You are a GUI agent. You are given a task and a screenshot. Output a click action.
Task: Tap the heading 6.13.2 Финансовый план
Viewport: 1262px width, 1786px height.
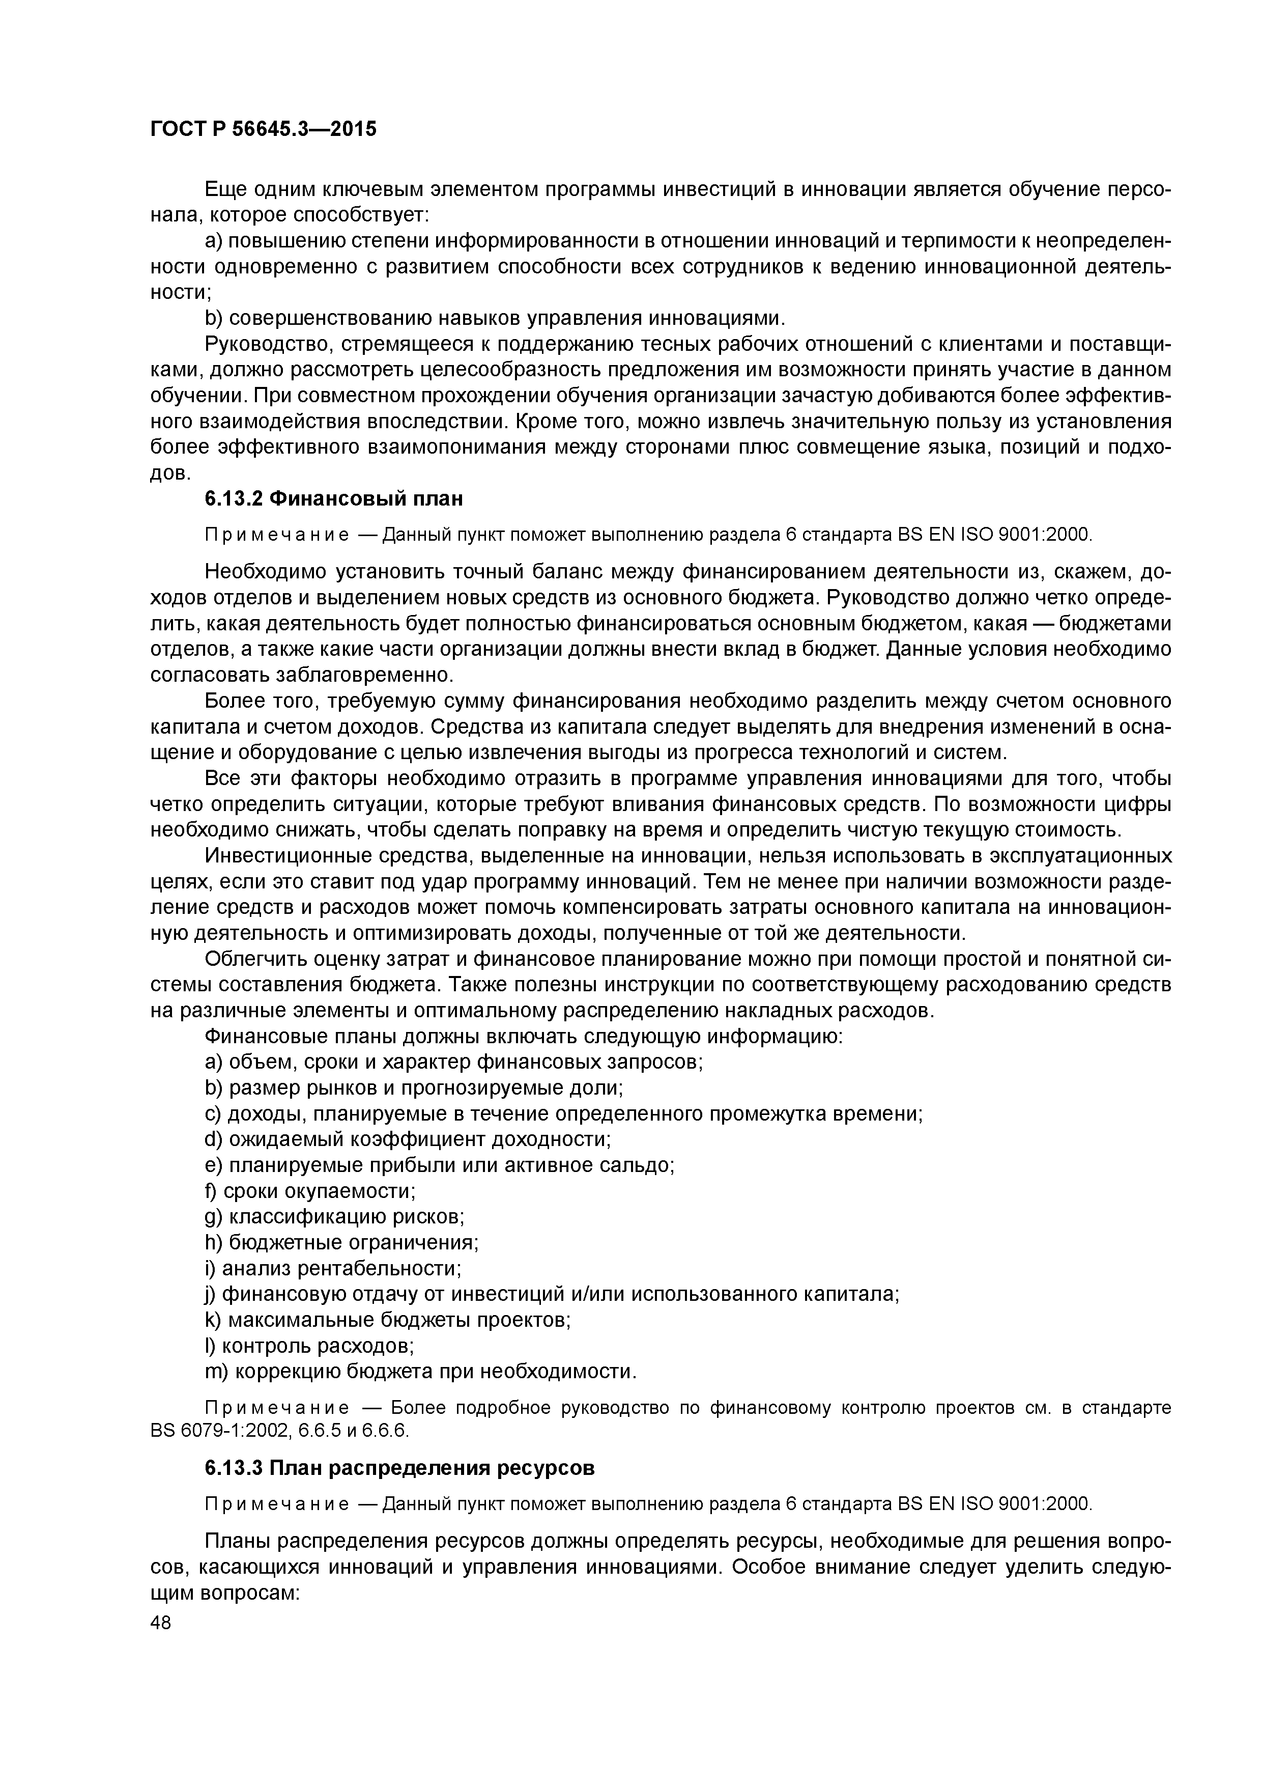[x=334, y=498]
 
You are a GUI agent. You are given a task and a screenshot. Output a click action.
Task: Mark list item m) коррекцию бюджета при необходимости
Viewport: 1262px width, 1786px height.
[x=420, y=1371]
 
